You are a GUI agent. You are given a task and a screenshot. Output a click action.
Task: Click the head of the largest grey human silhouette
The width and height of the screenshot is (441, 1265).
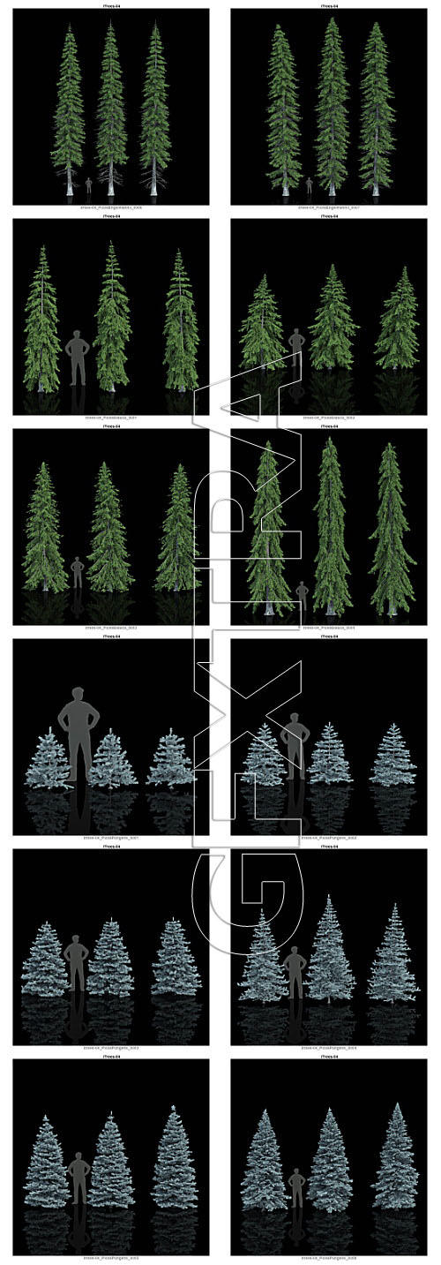[77, 696]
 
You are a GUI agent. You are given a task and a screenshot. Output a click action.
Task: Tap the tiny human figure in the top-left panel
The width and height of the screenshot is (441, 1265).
[88, 184]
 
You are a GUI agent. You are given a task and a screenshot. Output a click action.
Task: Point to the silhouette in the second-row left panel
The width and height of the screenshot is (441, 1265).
[78, 358]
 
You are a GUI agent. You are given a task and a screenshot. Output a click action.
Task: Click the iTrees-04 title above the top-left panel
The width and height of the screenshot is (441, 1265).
[110, 5]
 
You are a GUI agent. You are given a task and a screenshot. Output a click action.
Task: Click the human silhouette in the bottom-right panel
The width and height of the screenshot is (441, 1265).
[297, 1188]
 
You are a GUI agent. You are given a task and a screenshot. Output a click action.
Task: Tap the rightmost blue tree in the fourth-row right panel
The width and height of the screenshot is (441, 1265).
[392, 755]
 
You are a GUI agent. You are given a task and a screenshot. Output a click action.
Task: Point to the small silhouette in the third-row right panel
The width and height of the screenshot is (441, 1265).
[302, 596]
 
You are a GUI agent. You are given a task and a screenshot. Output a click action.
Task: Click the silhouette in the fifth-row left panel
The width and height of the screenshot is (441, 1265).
[77, 962]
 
